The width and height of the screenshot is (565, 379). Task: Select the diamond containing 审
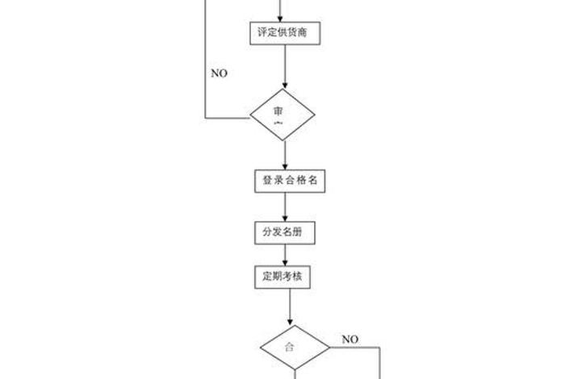[x=282, y=115]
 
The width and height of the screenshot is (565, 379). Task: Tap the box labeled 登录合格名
[x=288, y=181]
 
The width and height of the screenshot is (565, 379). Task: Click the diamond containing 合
[x=295, y=348]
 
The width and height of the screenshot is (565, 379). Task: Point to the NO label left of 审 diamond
[x=220, y=73]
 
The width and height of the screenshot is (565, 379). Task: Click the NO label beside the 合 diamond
[x=349, y=339]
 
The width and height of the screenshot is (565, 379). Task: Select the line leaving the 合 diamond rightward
[x=355, y=348]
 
